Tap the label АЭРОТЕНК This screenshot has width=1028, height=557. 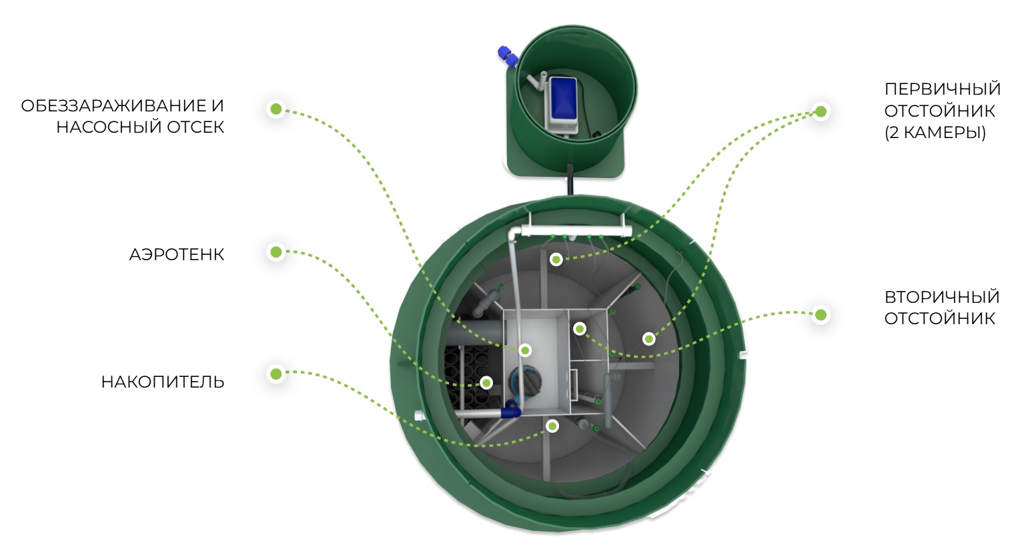tap(177, 254)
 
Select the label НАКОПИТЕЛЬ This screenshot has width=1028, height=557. tap(163, 382)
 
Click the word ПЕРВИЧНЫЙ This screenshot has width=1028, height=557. tap(942, 89)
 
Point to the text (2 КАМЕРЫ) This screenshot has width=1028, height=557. tap(935, 132)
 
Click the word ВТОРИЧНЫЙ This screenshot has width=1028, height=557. tap(942, 297)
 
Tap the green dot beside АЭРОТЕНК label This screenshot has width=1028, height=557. tap(276, 252)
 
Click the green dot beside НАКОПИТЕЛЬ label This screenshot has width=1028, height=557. tap(276, 374)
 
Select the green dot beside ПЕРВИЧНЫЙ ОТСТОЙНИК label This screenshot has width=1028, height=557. tap(821, 111)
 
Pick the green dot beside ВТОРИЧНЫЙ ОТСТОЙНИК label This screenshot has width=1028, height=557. tap(821, 316)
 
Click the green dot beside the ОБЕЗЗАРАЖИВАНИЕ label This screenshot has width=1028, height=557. tap(276, 109)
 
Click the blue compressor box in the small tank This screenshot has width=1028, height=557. tap(563, 98)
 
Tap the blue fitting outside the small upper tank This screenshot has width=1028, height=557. tap(508, 56)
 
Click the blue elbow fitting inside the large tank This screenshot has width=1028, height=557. tap(510, 410)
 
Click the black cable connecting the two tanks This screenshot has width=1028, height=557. tap(570, 179)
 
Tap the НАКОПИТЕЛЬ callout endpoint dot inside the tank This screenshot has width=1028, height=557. tap(552, 426)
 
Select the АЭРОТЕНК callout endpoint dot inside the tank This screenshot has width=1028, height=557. tap(486, 382)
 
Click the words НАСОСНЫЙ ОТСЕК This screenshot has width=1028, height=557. tap(140, 127)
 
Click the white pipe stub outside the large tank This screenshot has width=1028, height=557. tap(420, 416)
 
